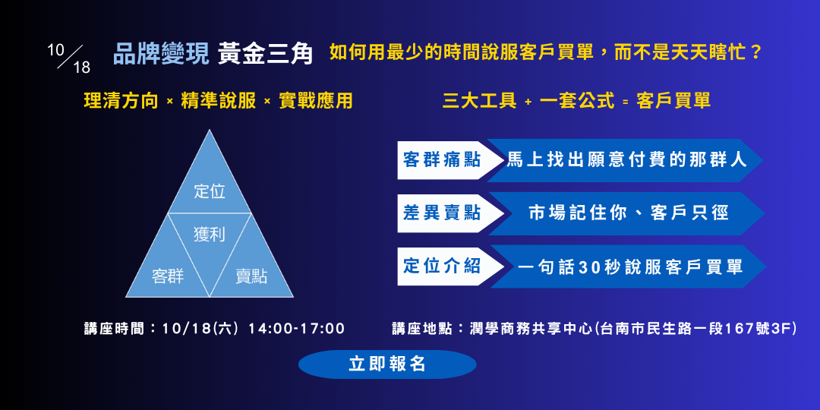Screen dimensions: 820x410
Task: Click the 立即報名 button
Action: [x=387, y=364]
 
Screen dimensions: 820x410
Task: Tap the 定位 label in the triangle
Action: [x=210, y=191]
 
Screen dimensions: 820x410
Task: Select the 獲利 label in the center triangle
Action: [x=210, y=235]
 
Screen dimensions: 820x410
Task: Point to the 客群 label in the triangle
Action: [x=168, y=276]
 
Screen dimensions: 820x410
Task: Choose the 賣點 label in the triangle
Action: [x=251, y=276]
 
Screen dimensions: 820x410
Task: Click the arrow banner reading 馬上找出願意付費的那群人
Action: [x=626, y=160]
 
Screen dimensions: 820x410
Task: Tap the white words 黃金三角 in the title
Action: [x=265, y=55]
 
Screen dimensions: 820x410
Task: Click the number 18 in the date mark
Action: [x=81, y=68]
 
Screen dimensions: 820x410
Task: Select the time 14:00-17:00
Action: [x=297, y=329]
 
